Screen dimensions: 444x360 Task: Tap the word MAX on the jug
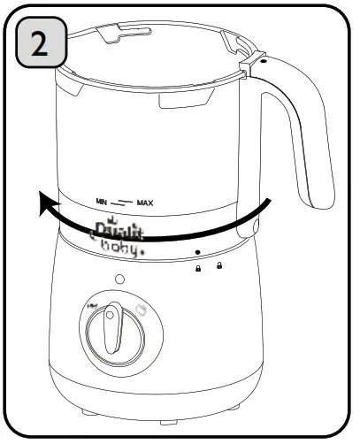[145, 203]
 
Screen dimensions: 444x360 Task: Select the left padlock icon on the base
[199, 267]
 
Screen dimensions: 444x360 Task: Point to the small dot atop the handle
[263, 64]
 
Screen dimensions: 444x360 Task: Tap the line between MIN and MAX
[124, 202]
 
